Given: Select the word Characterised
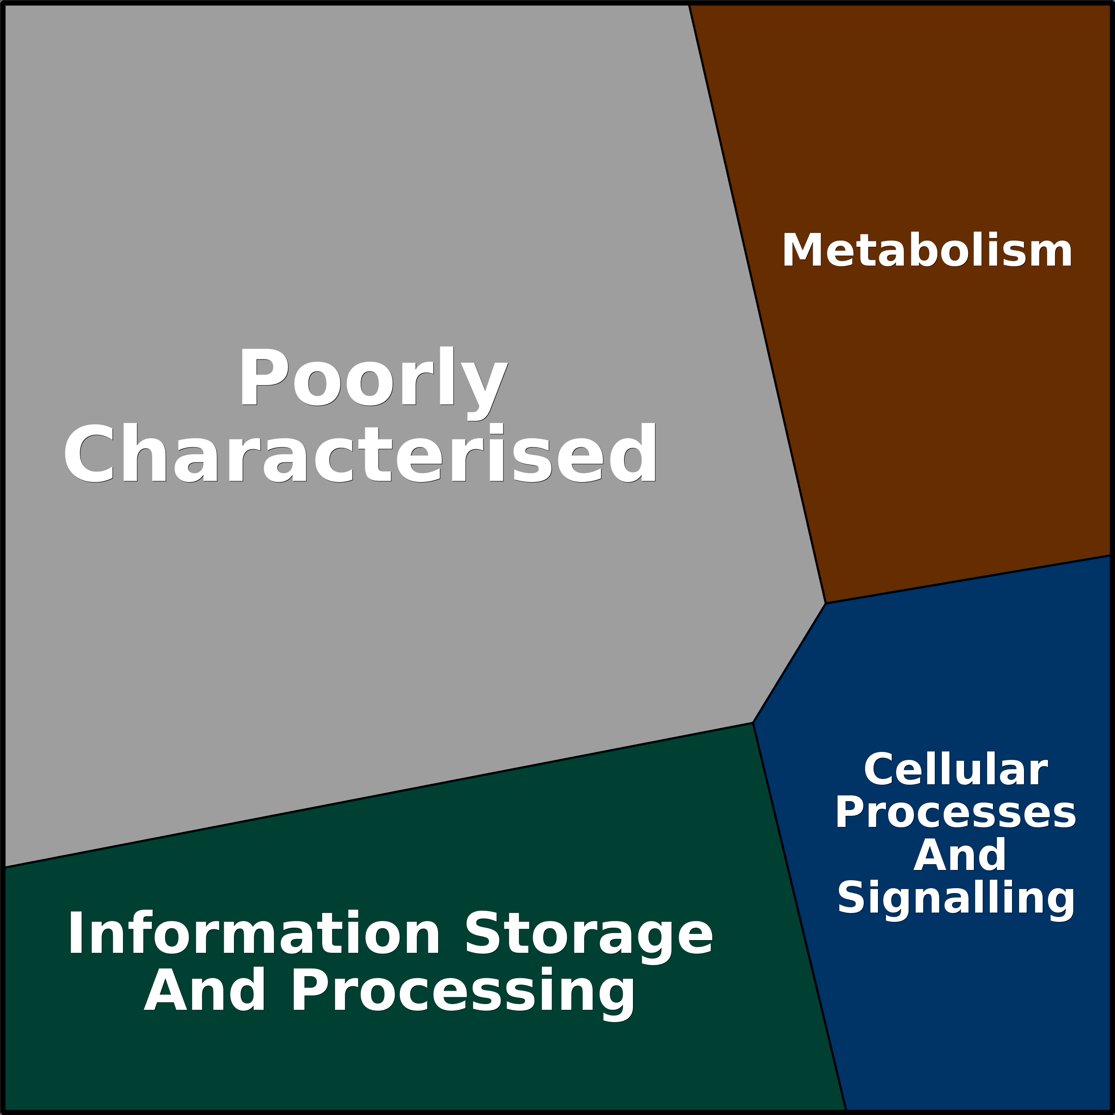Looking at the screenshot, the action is click(x=360, y=454).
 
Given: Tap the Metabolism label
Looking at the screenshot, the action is click(x=927, y=250).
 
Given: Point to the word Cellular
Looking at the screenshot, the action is click(x=955, y=769).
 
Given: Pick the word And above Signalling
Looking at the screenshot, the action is click(x=960, y=855).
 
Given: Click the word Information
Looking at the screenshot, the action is click(x=254, y=934).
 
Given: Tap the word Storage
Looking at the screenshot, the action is click(x=589, y=938).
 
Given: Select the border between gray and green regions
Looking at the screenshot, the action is click(x=379, y=795).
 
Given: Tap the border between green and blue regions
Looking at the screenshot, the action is click(x=800, y=917).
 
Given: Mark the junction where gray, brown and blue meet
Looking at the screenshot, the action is click(x=826, y=604).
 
